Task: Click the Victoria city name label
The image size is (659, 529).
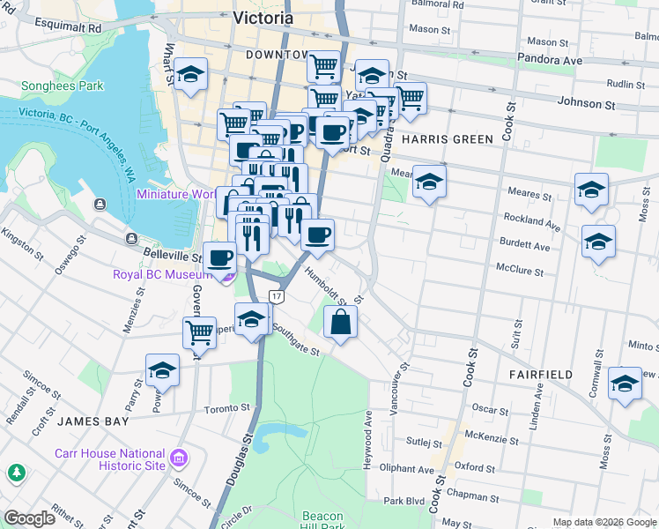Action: point(265,17)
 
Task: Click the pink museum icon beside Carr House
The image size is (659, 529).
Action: point(179,458)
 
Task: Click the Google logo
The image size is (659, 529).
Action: point(29,518)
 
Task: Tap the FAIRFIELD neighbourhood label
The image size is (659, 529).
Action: point(540,375)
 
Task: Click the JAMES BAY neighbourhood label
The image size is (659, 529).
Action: point(88,421)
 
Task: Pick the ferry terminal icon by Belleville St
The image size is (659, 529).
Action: point(131,239)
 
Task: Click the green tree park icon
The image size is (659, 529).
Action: point(17,473)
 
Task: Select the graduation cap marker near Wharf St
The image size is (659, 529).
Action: point(189,77)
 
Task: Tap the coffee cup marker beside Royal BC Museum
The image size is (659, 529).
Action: point(220,258)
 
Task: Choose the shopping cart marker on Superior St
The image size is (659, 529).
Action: point(200,333)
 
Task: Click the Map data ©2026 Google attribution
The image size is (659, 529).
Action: point(603,522)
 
